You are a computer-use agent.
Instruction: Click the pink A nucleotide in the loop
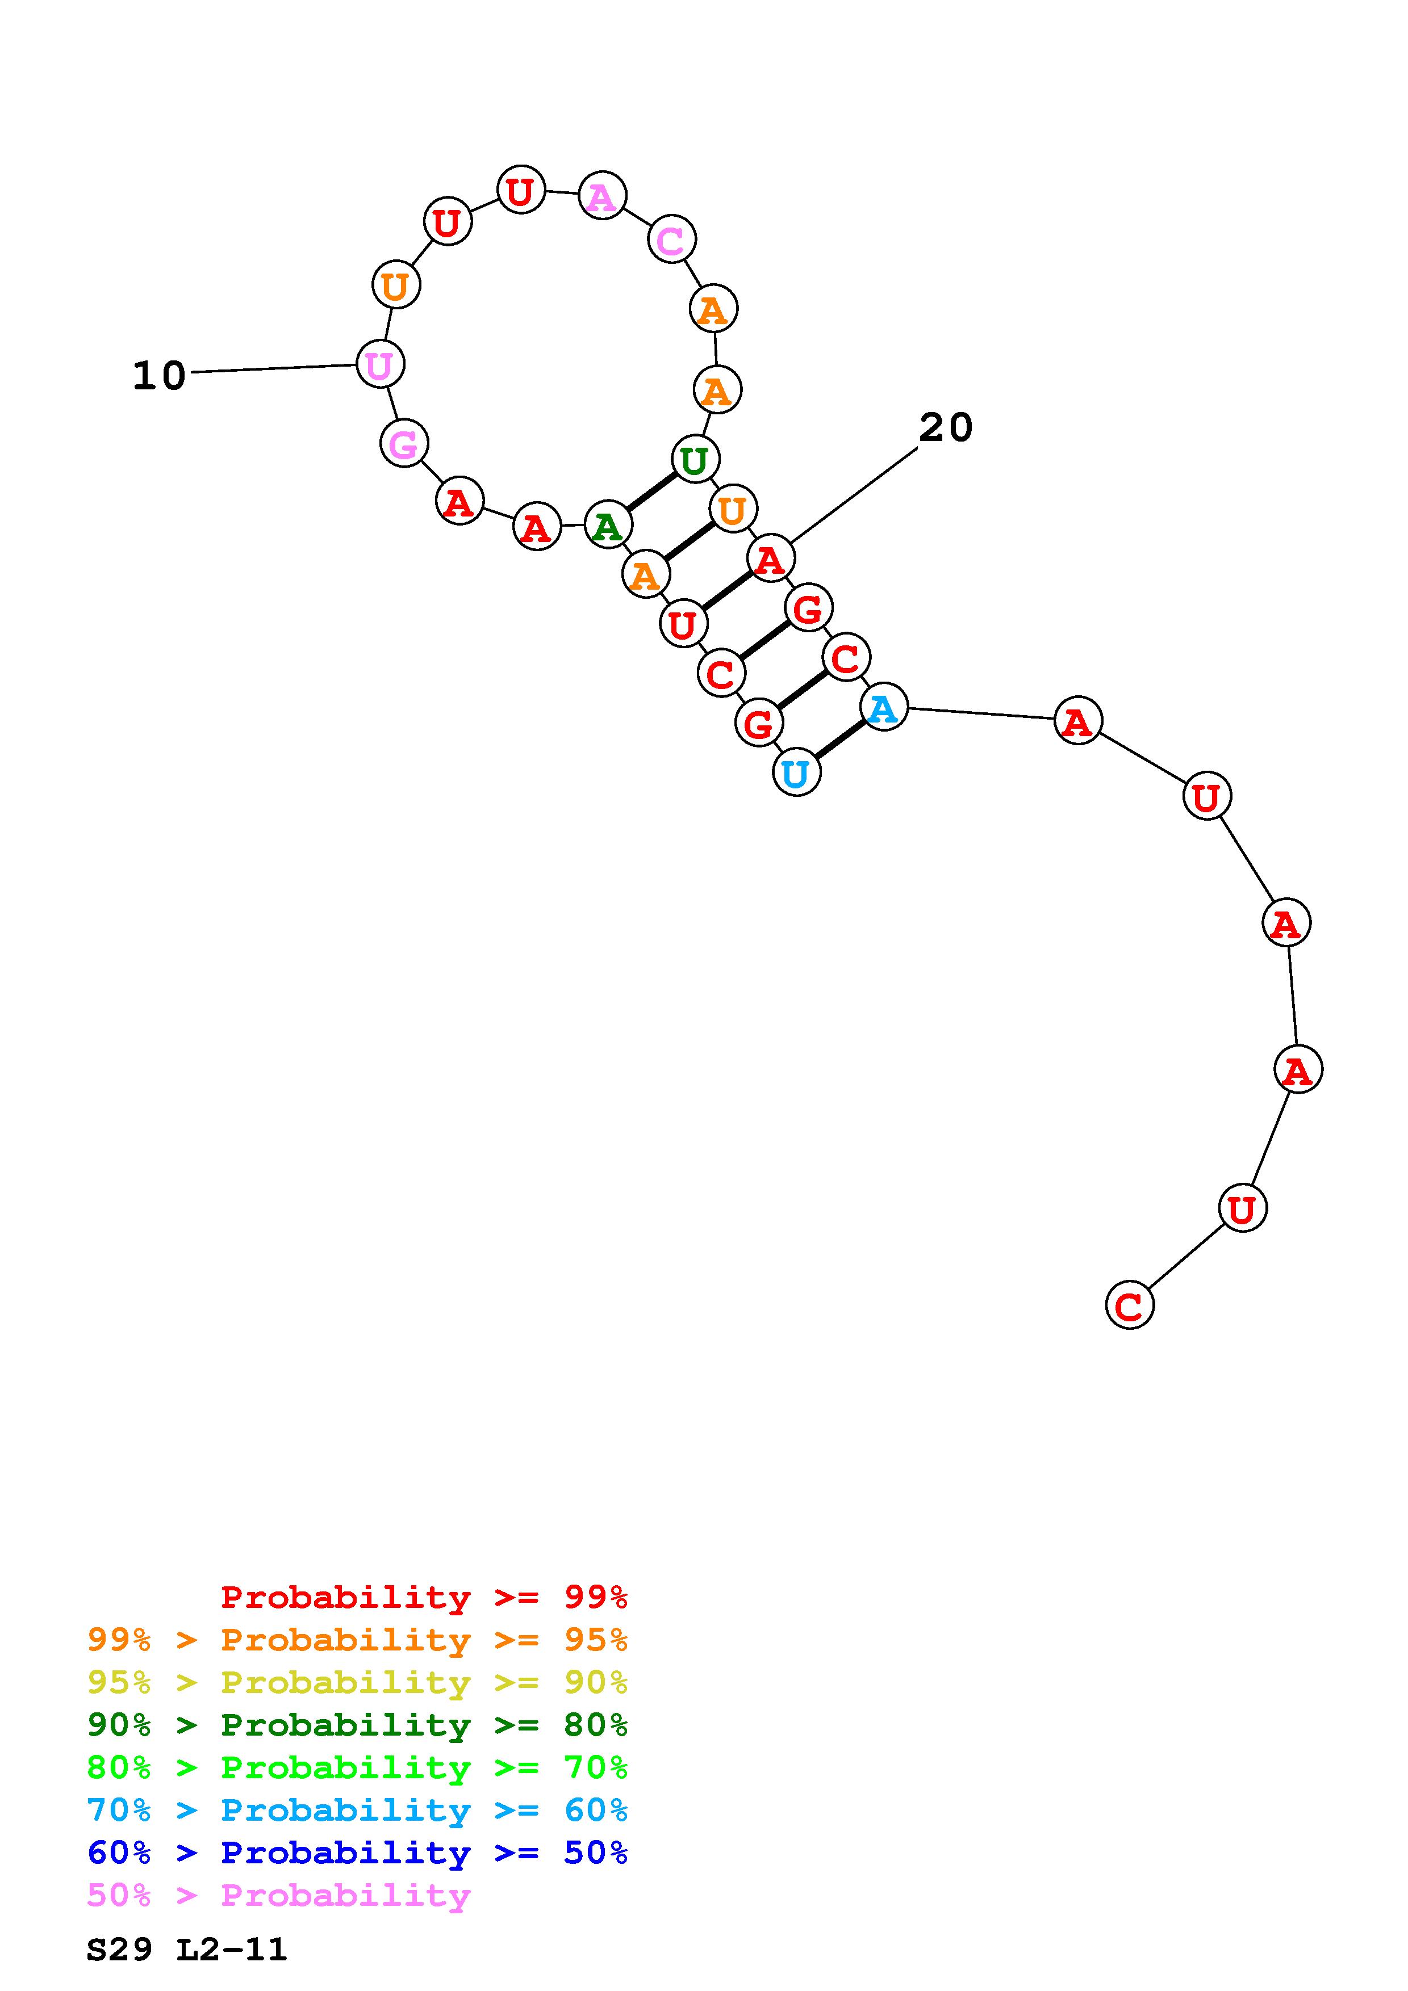click(x=602, y=196)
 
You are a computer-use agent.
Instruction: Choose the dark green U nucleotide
click(x=695, y=460)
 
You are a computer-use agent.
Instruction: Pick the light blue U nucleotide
click(x=796, y=772)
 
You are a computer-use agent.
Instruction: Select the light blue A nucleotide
click(x=884, y=708)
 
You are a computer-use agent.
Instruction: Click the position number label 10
click(x=160, y=376)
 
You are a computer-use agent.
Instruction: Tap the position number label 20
click(x=946, y=427)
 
